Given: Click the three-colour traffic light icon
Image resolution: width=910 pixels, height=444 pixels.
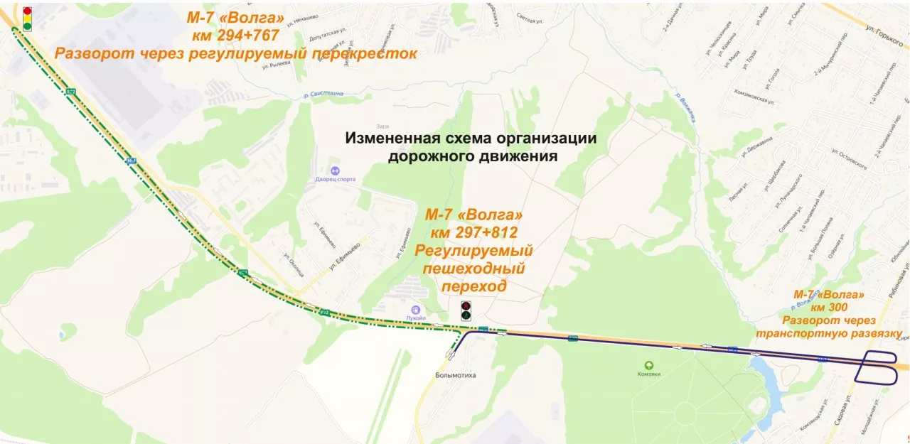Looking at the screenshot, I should click(27, 18).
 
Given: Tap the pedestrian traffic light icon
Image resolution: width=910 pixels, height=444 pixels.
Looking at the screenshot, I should click(466, 310).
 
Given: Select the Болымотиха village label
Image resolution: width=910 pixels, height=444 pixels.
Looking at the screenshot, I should click(456, 374).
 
